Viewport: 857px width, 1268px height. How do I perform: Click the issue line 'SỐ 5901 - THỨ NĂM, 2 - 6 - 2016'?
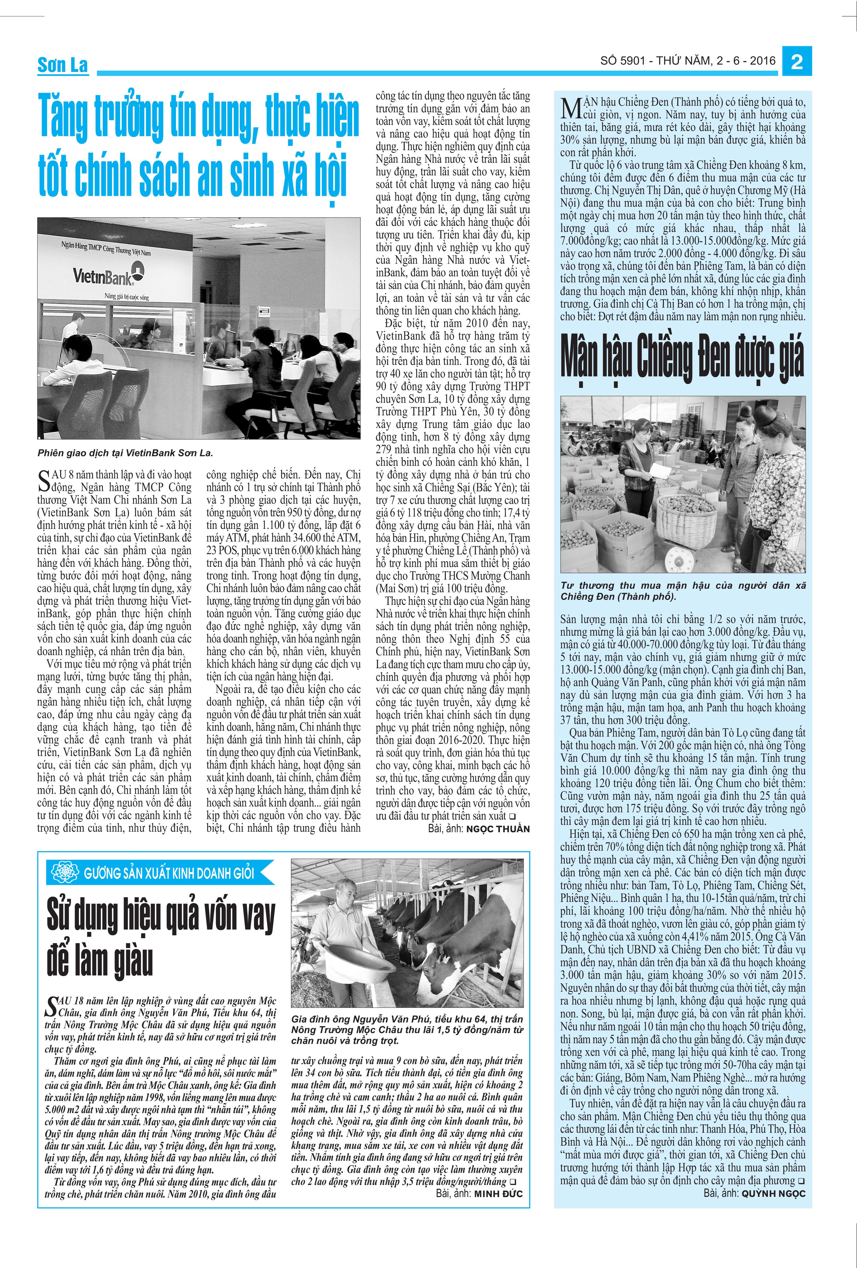(687, 61)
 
